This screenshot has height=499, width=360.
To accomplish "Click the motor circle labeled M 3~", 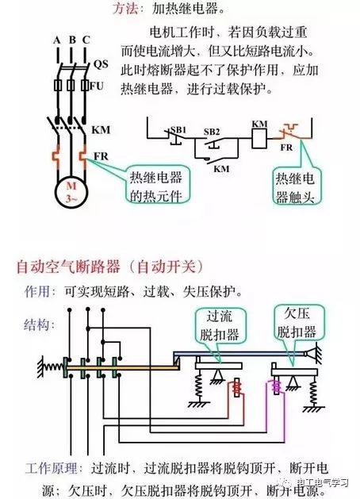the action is pyautogui.click(x=71, y=191).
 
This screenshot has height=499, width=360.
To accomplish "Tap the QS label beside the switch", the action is pyautogui.click(x=101, y=64).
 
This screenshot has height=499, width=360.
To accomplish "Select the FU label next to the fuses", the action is pyautogui.click(x=97, y=86).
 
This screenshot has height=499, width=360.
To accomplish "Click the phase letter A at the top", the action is pyautogui.click(x=56, y=40).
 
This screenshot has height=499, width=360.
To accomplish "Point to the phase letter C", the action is pyautogui.click(x=86, y=40).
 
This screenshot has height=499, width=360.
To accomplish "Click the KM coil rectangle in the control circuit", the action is pyautogui.click(x=260, y=138).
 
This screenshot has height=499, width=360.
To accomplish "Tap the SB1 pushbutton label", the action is pyautogui.click(x=178, y=130).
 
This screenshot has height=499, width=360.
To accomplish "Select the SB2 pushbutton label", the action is pyautogui.click(x=212, y=132).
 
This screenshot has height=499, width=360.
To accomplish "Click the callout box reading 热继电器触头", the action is pyautogui.click(x=295, y=187).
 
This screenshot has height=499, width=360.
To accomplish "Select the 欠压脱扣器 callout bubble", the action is pyautogui.click(x=297, y=323).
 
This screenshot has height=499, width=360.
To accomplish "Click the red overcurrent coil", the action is pyautogui.click(x=236, y=387).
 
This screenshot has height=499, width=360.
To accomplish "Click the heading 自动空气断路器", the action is pyautogui.click(x=68, y=267).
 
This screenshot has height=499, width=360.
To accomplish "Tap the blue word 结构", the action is pyautogui.click(x=37, y=325).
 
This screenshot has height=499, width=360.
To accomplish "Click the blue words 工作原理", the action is pyautogui.click(x=52, y=468).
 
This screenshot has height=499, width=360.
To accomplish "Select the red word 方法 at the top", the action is pyautogui.click(x=126, y=9).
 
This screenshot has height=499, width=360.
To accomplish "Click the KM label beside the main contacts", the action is pyautogui.click(x=101, y=130).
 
